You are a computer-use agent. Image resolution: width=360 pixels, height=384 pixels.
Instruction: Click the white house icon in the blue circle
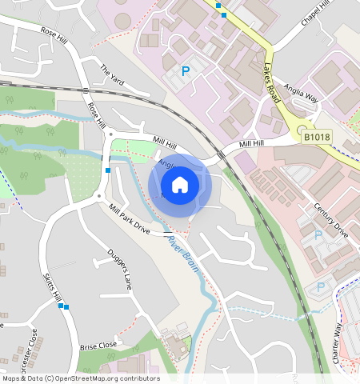[x=180, y=185]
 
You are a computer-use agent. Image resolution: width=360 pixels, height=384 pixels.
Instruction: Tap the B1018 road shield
[x=317, y=138]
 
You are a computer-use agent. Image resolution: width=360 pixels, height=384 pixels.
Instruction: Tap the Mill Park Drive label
[x=129, y=218]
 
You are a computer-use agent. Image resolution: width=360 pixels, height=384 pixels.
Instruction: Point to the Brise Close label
[x=98, y=346]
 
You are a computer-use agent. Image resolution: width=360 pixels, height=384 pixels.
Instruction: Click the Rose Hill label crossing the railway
[x=97, y=113]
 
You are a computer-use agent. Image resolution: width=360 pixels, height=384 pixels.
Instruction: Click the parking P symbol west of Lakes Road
[x=186, y=72]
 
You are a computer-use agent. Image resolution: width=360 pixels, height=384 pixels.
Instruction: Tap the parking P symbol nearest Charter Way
[x=322, y=286]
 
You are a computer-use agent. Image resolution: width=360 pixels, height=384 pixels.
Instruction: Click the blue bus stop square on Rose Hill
[x=107, y=170]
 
